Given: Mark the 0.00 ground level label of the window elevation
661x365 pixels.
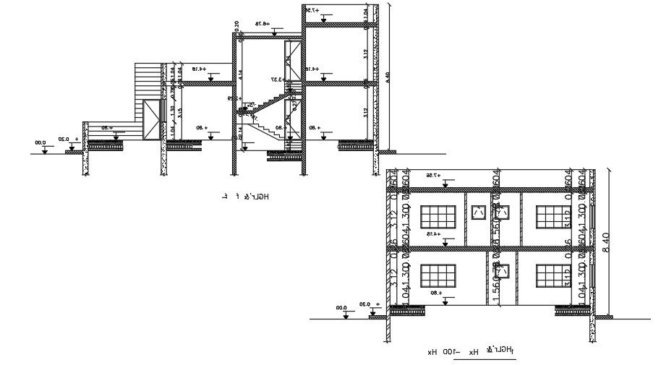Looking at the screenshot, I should (341, 308).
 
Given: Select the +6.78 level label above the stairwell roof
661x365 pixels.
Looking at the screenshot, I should (261, 24).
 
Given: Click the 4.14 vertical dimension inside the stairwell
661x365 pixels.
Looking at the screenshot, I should (241, 73).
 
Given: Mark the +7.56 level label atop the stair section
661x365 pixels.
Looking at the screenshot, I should (311, 10).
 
